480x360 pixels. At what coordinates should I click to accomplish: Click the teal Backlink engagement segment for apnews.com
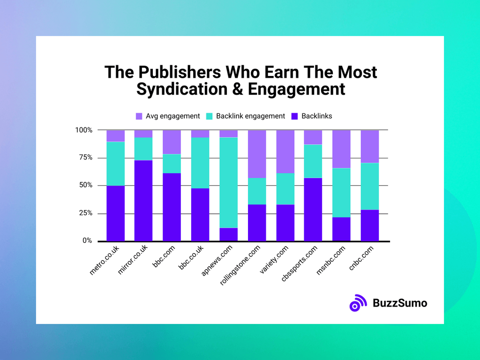228,182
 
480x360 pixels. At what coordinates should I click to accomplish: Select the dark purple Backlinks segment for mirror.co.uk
143,201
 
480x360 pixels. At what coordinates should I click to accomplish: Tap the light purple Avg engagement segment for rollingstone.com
257,154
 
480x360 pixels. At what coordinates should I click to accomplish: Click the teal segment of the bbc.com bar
172,164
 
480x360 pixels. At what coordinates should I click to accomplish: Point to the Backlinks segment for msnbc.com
341,229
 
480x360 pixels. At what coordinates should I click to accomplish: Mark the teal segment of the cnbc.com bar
369,186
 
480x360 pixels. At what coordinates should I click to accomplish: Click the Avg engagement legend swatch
139,116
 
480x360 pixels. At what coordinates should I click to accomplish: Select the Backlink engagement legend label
250,116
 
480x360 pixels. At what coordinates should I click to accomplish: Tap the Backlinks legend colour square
295,116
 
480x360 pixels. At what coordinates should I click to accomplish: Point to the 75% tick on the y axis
85,157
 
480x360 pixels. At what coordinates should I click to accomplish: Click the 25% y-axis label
85,213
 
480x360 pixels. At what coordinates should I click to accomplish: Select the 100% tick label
83,130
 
